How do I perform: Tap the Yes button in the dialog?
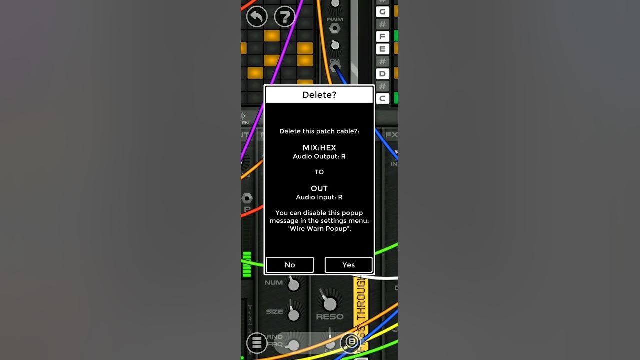click(348, 265)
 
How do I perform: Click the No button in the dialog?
click(290, 265)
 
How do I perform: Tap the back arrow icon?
click(257, 17)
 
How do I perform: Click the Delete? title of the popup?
click(319, 95)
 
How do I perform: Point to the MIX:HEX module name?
click(319, 148)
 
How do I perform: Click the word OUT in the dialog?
click(319, 189)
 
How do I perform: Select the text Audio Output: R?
click(319, 156)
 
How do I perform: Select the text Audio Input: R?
click(319, 197)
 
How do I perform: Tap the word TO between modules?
click(319, 172)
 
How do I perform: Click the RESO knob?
click(329, 303)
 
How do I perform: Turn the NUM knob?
click(294, 285)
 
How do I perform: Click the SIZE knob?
click(294, 315)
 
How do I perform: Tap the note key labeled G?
click(383, 12)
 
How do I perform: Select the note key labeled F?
click(383, 36)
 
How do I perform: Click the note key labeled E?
click(383, 49)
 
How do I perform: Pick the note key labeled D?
click(383, 74)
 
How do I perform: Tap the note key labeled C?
click(383, 98)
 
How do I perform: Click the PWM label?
click(335, 19)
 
